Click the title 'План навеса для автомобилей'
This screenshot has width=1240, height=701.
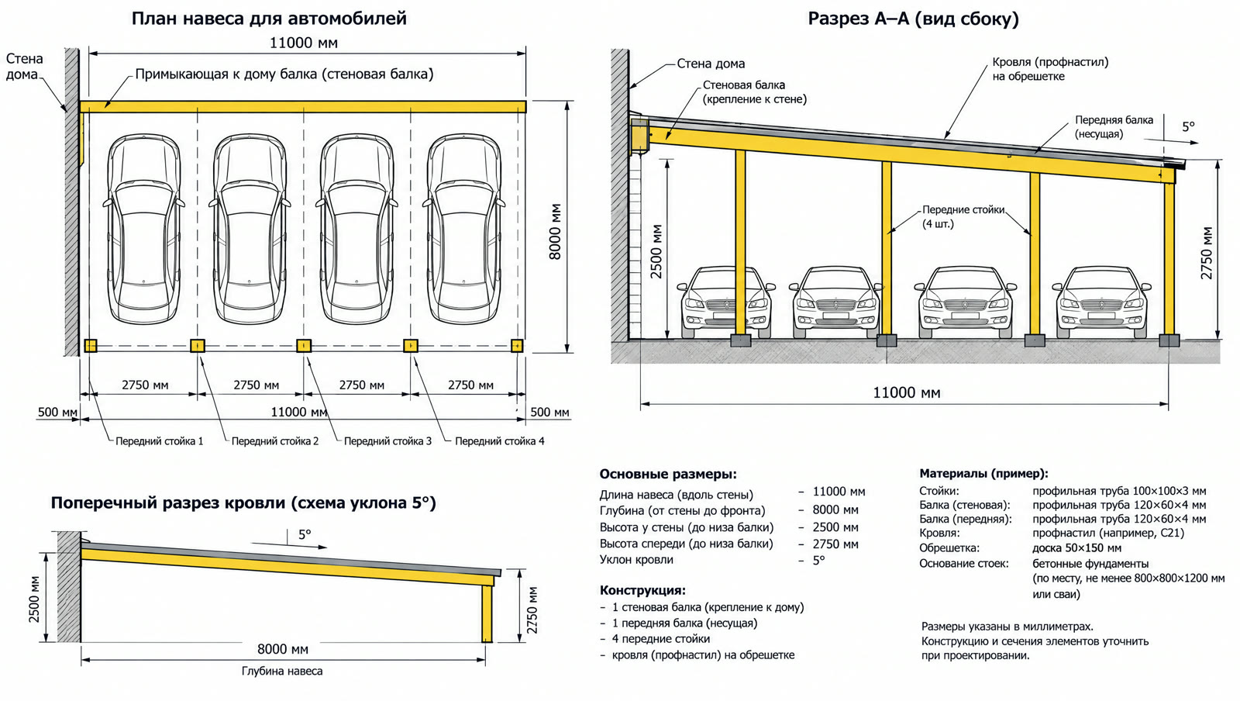(269, 19)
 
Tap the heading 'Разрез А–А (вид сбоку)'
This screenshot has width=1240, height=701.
(914, 19)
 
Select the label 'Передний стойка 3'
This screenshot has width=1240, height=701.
(387, 441)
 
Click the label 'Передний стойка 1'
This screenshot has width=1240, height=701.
(160, 441)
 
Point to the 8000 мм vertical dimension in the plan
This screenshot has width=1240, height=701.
(555, 231)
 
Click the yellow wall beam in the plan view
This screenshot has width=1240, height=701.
(302, 107)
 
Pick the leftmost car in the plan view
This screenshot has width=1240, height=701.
(144, 229)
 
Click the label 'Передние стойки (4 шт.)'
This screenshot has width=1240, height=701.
(963, 217)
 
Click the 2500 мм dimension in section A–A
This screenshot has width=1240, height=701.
(656, 250)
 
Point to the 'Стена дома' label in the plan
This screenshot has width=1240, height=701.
(24, 67)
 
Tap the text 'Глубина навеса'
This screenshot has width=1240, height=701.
(282, 671)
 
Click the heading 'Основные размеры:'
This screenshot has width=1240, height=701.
(668, 475)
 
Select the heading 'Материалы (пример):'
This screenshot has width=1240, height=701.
(983, 474)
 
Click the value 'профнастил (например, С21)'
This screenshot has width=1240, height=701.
(1108, 534)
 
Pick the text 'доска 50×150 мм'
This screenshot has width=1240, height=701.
(1076, 548)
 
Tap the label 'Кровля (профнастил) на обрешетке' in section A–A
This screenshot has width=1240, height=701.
(1051, 69)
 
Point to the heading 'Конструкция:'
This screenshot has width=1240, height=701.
(642, 590)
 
